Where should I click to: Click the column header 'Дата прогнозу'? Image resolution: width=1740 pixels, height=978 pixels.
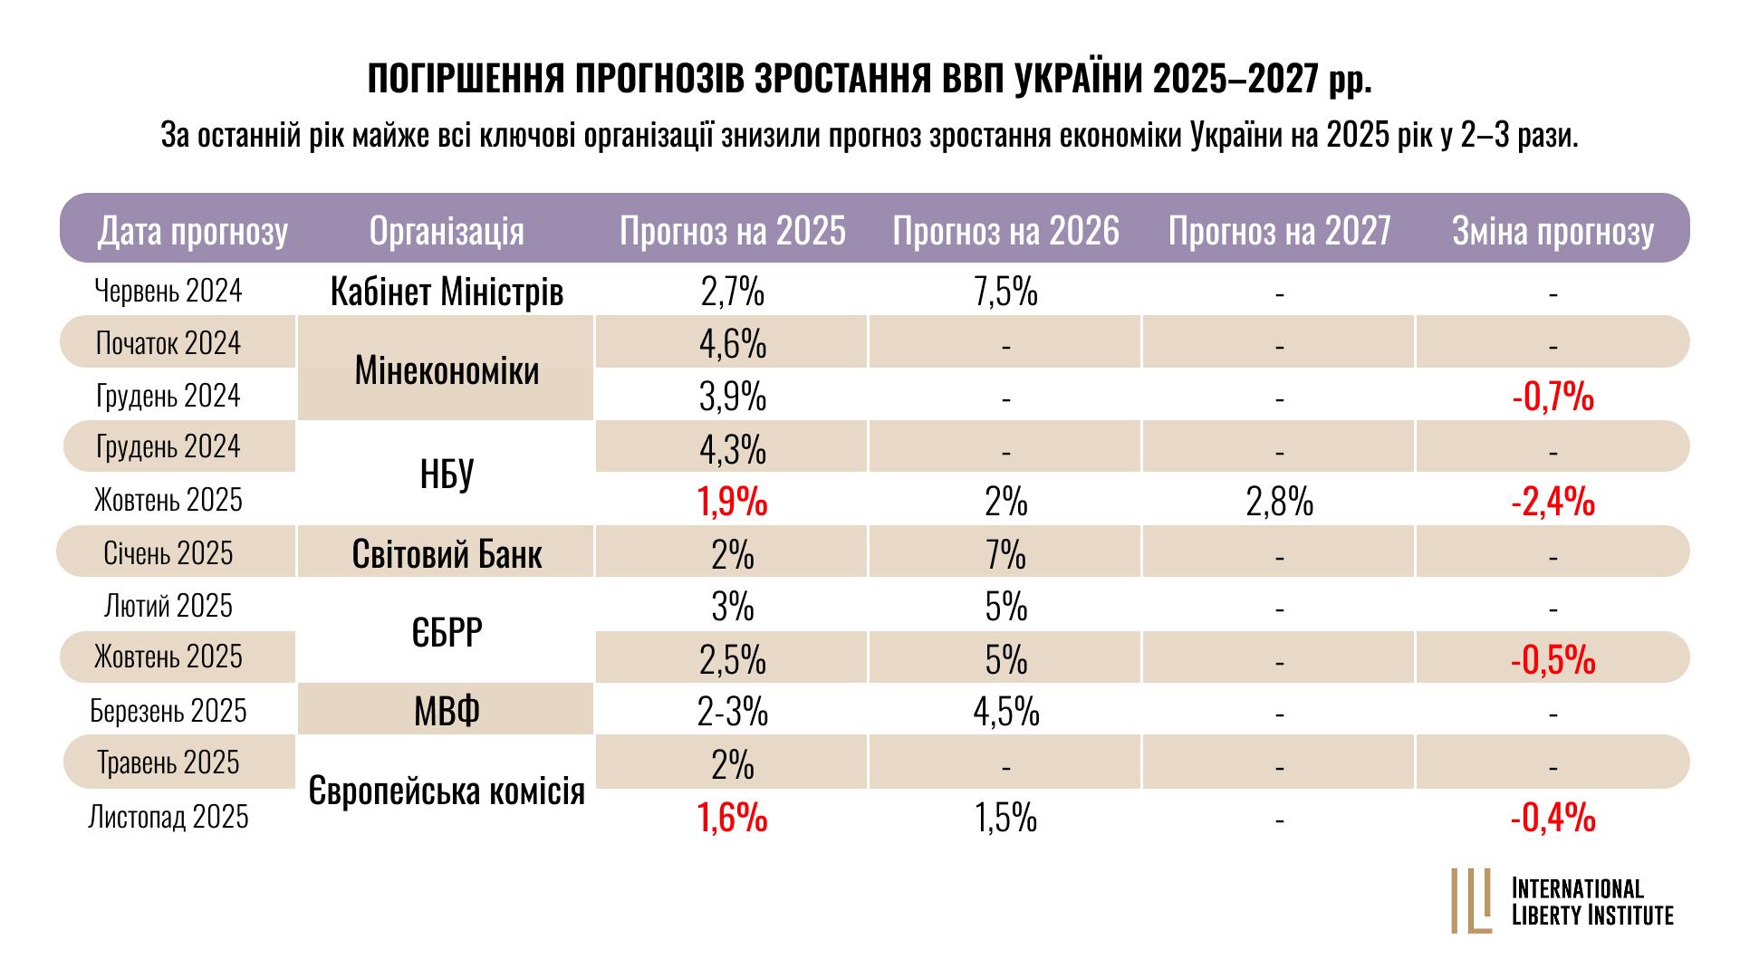point(192,231)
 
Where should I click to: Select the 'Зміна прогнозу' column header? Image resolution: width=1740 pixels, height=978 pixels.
point(1553,231)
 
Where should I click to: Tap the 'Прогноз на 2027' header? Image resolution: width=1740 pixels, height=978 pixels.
point(1279,231)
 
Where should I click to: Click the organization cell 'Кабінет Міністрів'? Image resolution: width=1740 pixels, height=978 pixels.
point(447,292)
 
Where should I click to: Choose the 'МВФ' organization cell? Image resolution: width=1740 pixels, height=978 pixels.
point(447,712)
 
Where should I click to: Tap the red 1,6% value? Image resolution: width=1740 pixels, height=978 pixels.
point(732,819)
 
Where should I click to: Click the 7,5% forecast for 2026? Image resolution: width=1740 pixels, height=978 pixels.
point(1005,292)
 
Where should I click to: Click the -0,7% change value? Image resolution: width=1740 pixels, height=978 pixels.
point(1553,398)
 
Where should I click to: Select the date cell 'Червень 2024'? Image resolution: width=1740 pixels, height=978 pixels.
point(168,291)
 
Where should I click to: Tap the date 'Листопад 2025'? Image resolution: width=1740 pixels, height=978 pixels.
point(168,817)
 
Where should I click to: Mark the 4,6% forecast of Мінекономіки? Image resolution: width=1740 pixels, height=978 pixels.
point(732,345)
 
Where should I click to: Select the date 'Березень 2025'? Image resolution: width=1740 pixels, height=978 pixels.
point(168,711)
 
